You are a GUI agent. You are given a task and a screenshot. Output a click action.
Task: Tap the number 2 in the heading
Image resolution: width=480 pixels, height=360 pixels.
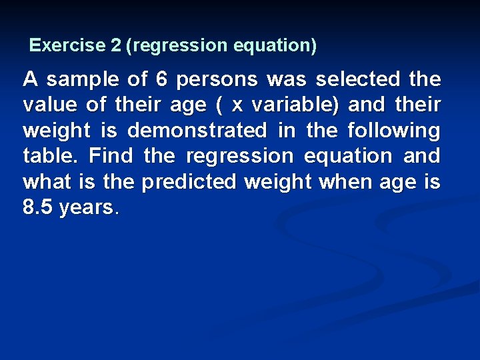tap(117, 45)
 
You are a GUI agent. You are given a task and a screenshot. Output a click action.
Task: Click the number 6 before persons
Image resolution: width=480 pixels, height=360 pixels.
tap(161, 80)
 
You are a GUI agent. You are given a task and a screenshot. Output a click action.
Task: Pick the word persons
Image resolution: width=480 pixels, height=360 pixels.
tap(217, 80)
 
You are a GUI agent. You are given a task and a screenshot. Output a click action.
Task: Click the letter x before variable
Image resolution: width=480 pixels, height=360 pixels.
tap(236, 105)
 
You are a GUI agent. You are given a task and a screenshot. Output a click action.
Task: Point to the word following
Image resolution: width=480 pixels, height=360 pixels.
tap(394, 131)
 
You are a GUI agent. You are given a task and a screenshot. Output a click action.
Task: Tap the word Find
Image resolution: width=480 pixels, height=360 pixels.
tap(111, 156)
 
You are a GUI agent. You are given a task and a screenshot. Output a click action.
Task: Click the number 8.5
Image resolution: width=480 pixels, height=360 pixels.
tap(37, 207)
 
